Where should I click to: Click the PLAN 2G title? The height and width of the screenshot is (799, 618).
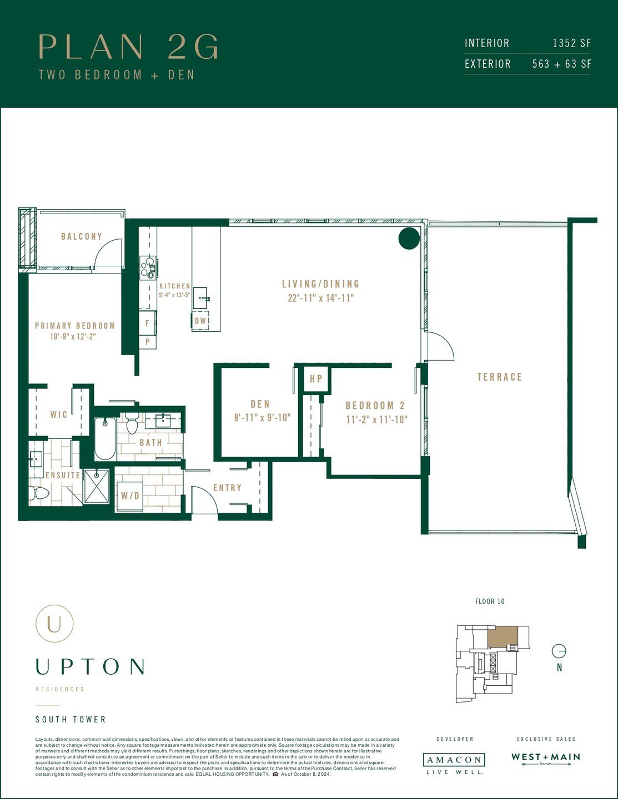pyautogui.click(x=129, y=47)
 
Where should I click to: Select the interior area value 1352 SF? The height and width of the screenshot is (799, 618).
pyautogui.click(x=571, y=43)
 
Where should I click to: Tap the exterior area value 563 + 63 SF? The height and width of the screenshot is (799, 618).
pyautogui.click(x=561, y=64)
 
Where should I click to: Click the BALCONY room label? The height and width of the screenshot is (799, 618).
pyautogui.click(x=82, y=236)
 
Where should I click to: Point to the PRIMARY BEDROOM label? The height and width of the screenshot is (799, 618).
pyautogui.click(x=75, y=326)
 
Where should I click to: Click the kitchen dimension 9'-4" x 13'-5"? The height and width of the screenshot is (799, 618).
pyautogui.click(x=174, y=295)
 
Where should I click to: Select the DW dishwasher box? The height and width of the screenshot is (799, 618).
pyautogui.click(x=200, y=321)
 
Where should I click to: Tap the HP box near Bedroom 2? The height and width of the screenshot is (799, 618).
pyautogui.click(x=316, y=379)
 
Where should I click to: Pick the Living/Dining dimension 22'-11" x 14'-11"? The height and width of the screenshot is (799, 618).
pyautogui.click(x=320, y=298)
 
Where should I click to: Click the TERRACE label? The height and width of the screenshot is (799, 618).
pyautogui.click(x=500, y=377)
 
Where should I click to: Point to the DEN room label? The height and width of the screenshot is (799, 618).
pyautogui.click(x=260, y=404)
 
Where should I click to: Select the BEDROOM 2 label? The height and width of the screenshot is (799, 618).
pyautogui.click(x=375, y=406)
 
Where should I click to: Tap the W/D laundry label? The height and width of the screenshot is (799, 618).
pyautogui.click(x=130, y=496)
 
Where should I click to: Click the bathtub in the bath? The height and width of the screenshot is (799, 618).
pyautogui.click(x=104, y=439)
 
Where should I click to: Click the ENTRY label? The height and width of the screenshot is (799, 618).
pyautogui.click(x=227, y=488)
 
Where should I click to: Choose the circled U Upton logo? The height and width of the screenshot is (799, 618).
pyautogui.click(x=54, y=624)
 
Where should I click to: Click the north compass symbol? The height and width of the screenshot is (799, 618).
pyautogui.click(x=559, y=651)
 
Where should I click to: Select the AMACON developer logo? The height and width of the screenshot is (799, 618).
pyautogui.click(x=454, y=760)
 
